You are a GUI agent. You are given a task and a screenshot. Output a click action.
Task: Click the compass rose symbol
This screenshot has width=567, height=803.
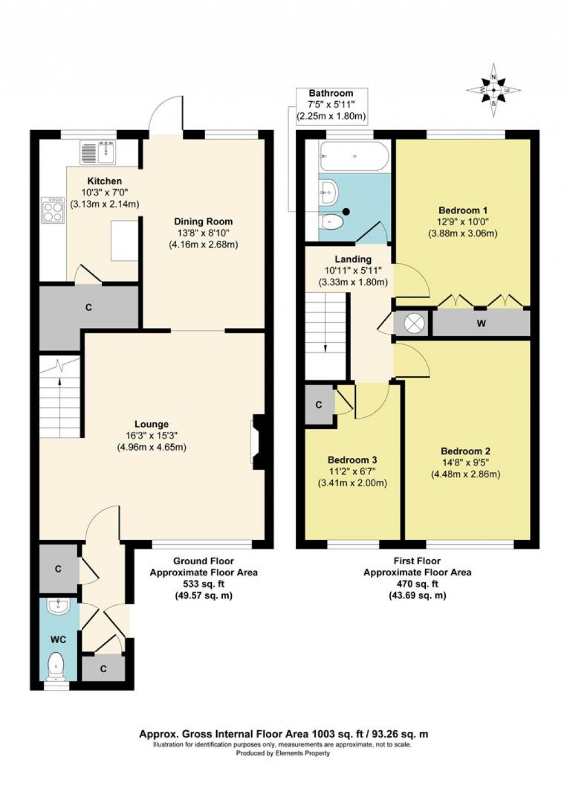tap(494, 90)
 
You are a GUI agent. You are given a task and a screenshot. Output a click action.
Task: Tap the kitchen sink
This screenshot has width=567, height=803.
tap(98, 151)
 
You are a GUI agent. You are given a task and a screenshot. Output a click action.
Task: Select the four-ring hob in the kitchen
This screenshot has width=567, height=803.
tap(53, 209)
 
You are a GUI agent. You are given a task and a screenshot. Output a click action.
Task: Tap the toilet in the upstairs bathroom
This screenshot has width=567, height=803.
tap(332, 222)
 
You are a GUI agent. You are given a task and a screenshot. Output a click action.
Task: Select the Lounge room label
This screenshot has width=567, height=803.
tap(152, 424)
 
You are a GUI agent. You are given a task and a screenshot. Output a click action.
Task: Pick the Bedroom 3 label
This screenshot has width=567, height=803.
tap(352, 460)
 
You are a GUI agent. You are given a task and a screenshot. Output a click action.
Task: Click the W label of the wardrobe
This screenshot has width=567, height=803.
tap(481, 324)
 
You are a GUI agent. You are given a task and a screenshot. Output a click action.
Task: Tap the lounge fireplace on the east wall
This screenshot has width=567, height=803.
tap(258, 442)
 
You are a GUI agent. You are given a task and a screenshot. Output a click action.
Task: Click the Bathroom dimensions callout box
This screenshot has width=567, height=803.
tap(331, 106)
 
